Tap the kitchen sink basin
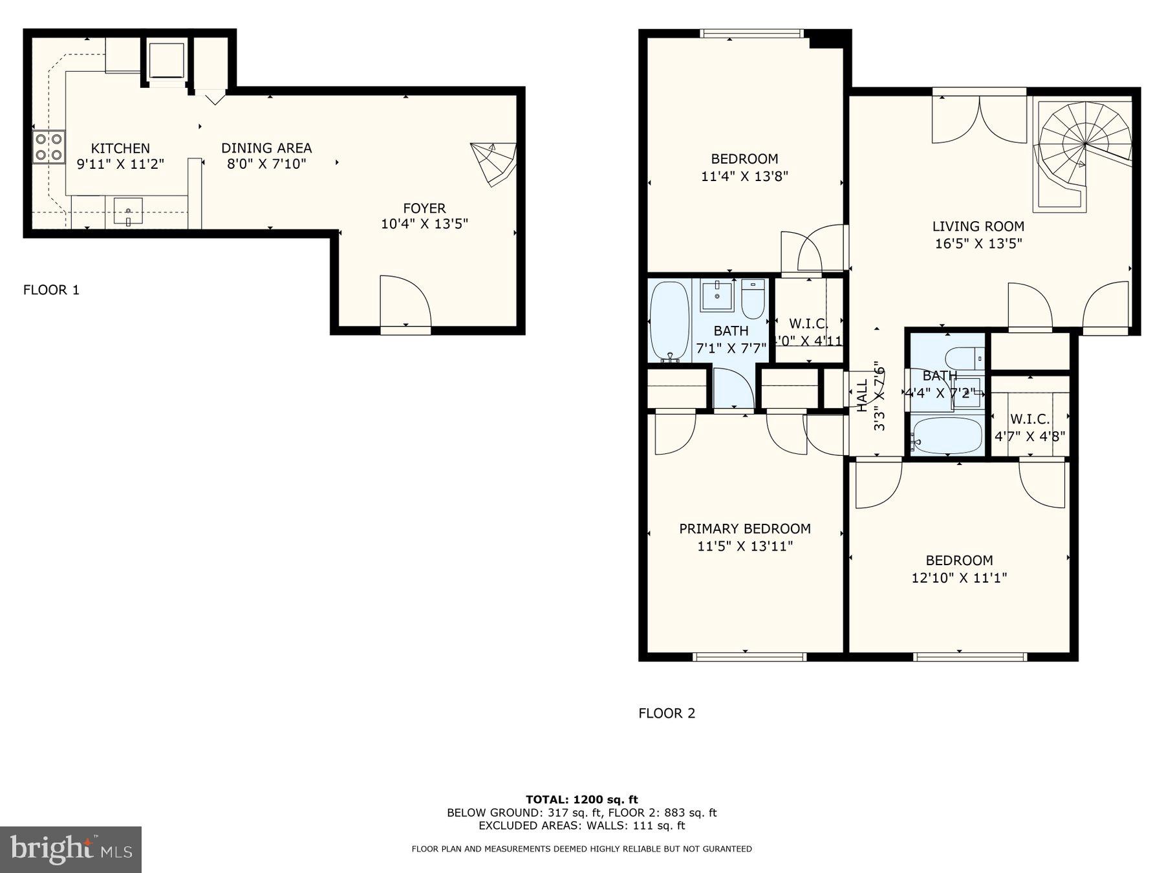point(128,211)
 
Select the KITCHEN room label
point(120,148)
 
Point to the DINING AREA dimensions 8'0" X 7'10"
point(266,164)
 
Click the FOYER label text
point(424,208)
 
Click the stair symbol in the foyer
point(493,163)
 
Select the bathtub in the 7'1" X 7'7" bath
point(669,319)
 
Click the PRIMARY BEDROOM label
point(745,529)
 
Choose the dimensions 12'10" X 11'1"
point(959,577)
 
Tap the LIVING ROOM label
point(978,226)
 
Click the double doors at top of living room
point(979,120)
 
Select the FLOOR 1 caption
point(51,290)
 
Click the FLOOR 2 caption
point(667,713)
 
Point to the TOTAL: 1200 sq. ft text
point(581,800)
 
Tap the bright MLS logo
point(70,849)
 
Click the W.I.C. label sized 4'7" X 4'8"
point(1029,419)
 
